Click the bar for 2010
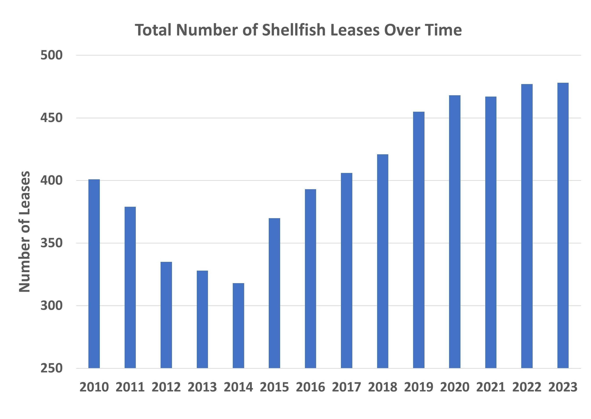[x=94, y=273]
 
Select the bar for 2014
[x=238, y=325]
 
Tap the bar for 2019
[x=419, y=240]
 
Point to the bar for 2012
[x=166, y=315]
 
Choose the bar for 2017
[x=346, y=270]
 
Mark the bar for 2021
[x=491, y=232]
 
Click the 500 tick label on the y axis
[x=52, y=55]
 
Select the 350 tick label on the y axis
[x=52, y=243]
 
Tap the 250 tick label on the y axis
[x=52, y=368]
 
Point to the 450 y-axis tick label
[x=52, y=118]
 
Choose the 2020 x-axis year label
[x=455, y=387]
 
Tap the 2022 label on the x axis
[x=527, y=387]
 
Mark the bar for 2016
[x=310, y=279]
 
